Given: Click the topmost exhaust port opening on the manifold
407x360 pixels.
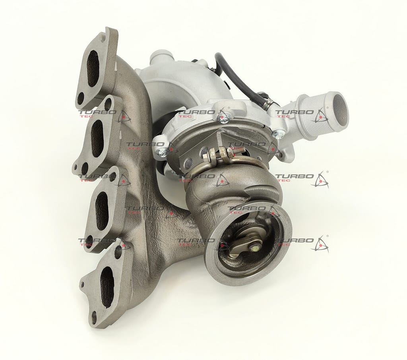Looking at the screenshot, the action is [93, 68].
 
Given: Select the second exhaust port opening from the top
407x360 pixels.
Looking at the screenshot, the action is [98, 139].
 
